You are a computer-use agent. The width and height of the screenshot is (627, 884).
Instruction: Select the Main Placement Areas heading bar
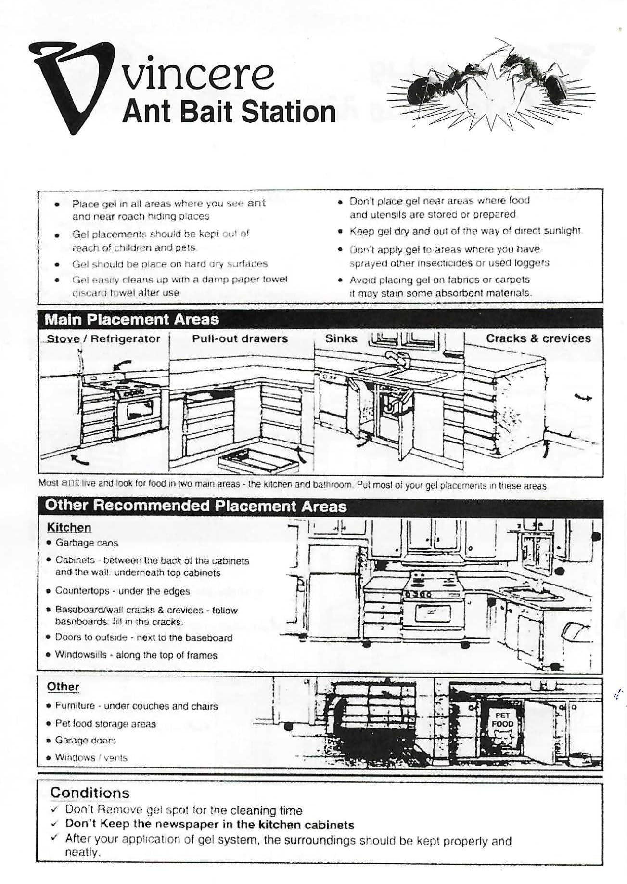click(131, 319)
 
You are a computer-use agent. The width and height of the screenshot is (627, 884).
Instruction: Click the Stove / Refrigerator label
click(103, 339)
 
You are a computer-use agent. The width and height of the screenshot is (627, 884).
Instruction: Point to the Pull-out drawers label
click(240, 338)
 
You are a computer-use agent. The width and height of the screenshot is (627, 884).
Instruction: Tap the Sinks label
click(341, 338)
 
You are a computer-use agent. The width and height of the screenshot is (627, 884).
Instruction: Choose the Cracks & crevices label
click(538, 338)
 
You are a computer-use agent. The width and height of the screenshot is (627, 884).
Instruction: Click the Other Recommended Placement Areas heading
click(195, 506)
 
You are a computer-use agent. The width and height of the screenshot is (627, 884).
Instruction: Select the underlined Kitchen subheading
click(69, 528)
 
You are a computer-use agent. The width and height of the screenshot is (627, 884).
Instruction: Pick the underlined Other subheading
click(63, 687)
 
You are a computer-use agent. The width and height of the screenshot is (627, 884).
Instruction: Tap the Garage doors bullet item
click(85, 740)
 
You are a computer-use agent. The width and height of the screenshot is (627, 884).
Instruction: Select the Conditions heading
click(90, 793)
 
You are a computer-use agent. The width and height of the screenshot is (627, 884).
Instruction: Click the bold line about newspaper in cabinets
click(209, 825)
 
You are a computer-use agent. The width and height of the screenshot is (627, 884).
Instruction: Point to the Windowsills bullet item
click(136, 655)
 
